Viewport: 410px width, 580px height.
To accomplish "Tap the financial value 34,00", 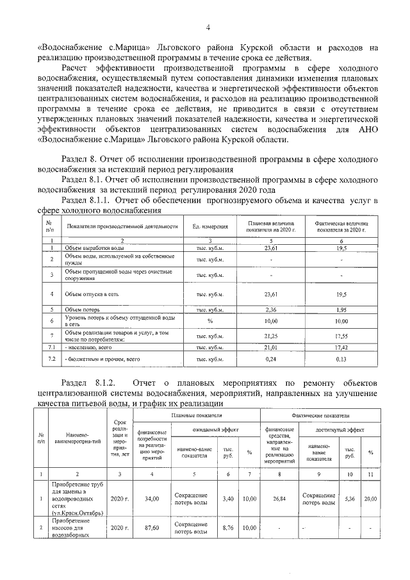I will (x=151, y=498).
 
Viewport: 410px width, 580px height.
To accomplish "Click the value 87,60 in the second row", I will (x=151, y=529).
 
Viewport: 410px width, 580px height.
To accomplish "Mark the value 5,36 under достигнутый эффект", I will (x=349, y=498).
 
